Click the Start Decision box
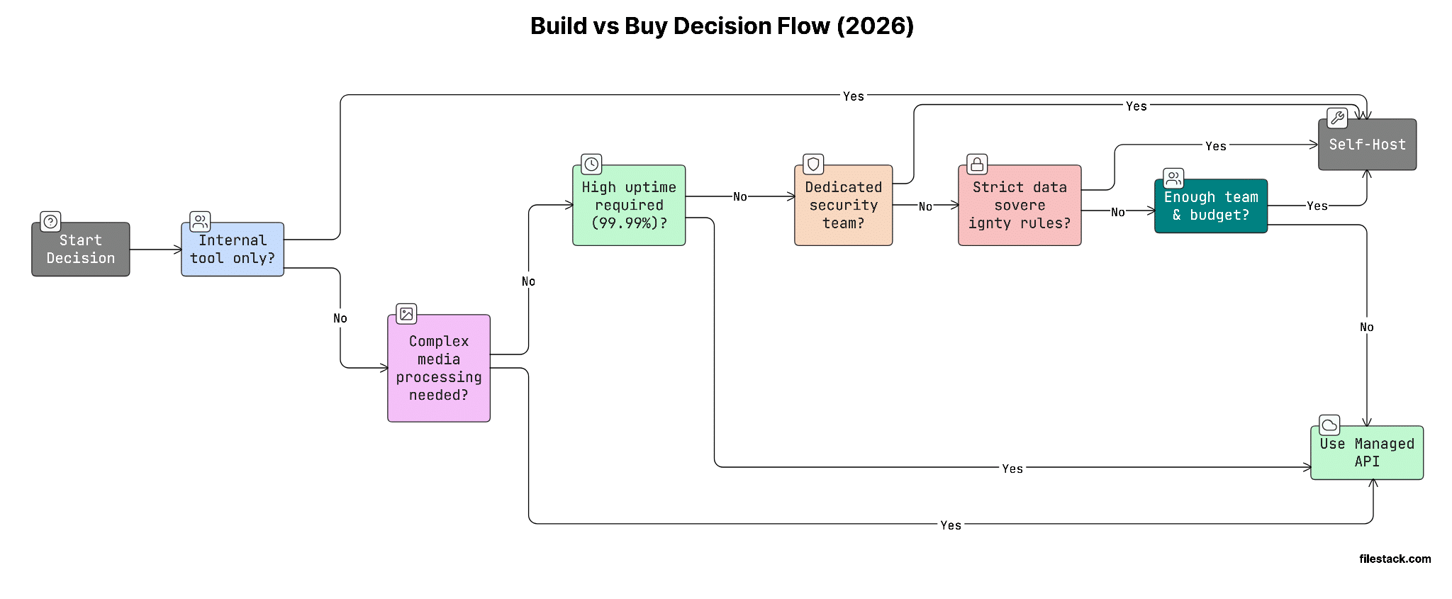pyautogui.click(x=80, y=250)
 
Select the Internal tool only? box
pyautogui.click(x=233, y=250)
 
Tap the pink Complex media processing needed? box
pyautogui.click(x=439, y=369)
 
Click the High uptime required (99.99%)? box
pyautogui.click(x=629, y=206)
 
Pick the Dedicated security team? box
pyautogui.click(x=843, y=206)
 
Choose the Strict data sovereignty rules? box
pyautogui.click(x=1019, y=206)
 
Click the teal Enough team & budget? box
pyautogui.click(x=1210, y=206)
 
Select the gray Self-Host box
pyautogui.click(x=1366, y=145)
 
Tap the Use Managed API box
pyautogui.click(x=1366, y=453)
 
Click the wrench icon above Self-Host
pyautogui.click(x=1337, y=118)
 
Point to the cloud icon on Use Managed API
pyautogui.click(x=1329, y=425)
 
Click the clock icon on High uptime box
pyautogui.click(x=591, y=164)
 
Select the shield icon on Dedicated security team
pyautogui.click(x=813, y=164)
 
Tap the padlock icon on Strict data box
pyautogui.click(x=977, y=164)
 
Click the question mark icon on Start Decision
pyautogui.click(x=50, y=221)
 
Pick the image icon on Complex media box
pyautogui.click(x=406, y=313)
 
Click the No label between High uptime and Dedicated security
pyautogui.click(x=739, y=197)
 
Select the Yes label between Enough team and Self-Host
pyautogui.click(x=1317, y=206)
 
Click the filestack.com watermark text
pyautogui.click(x=1395, y=559)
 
